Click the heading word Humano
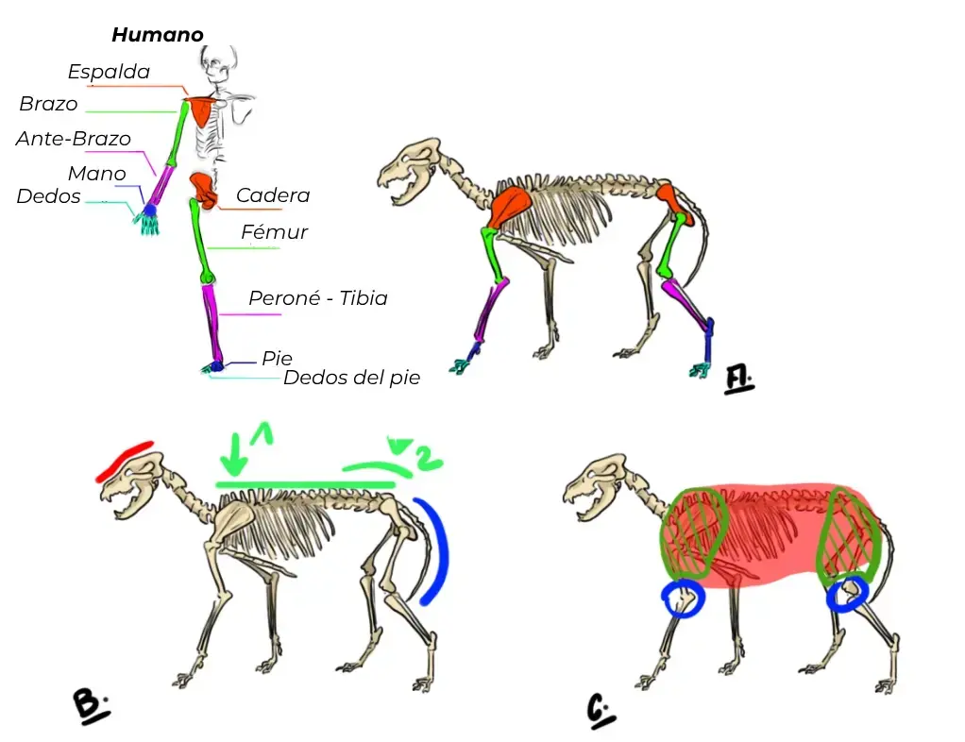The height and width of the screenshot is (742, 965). [x=158, y=34]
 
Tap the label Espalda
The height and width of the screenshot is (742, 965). [x=109, y=72]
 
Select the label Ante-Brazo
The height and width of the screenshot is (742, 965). [x=74, y=139]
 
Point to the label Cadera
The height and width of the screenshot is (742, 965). [x=273, y=195]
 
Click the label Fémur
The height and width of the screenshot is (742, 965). [x=274, y=232]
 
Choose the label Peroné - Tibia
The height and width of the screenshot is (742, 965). [x=317, y=298]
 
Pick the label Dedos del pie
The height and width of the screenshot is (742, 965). [x=351, y=378]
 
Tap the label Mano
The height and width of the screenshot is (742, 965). [x=96, y=174]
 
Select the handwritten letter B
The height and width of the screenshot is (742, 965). [x=91, y=705]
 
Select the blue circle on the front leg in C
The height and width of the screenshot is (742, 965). [x=683, y=598]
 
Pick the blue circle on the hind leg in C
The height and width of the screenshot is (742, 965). [x=848, y=593]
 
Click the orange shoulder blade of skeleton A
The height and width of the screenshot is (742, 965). [x=510, y=207]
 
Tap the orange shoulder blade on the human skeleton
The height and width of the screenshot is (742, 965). [x=202, y=111]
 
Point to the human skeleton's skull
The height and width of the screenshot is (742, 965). [x=217, y=64]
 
